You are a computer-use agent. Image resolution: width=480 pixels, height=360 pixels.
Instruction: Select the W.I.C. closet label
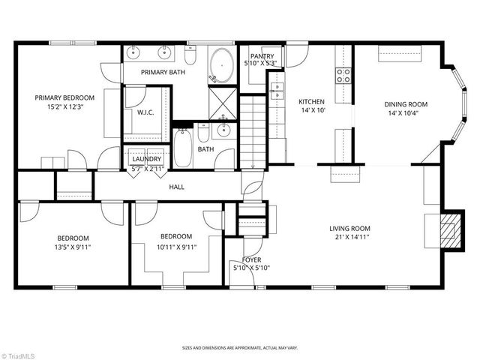click(145, 113)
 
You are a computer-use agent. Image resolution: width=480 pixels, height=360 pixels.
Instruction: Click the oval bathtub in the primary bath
click(220, 64)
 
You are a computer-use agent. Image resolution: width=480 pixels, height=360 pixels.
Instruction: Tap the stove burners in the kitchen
click(344, 74)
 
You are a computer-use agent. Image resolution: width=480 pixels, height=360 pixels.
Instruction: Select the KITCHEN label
click(311, 102)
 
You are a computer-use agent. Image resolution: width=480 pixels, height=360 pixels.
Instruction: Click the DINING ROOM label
click(406, 104)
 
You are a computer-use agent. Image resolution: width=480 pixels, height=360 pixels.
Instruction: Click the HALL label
click(177, 187)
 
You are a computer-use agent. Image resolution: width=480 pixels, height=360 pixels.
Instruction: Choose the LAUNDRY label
click(146, 159)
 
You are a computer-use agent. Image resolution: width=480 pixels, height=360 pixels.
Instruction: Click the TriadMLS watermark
click(20, 352)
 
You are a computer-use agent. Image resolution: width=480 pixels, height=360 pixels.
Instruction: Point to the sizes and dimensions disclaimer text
click(239, 347)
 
